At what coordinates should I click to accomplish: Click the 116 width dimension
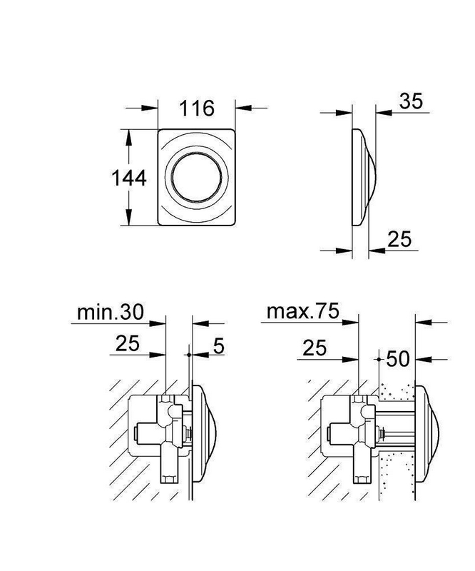[x=197, y=108]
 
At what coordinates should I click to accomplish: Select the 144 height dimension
[x=129, y=178]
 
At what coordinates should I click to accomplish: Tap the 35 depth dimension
[x=411, y=101]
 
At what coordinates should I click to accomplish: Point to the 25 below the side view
[x=399, y=239]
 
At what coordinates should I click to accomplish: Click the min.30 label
[x=111, y=312]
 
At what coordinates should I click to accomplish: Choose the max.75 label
[x=303, y=311]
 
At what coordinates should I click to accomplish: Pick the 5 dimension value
[x=218, y=345]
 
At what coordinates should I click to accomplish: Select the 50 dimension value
[x=398, y=359]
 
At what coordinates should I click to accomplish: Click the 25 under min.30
[x=128, y=343]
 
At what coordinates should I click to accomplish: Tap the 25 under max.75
[x=315, y=348]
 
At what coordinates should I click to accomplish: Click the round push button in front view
[x=197, y=177]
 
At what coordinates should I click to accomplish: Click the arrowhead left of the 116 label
[x=150, y=108]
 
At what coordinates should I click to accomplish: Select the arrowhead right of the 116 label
[x=243, y=108]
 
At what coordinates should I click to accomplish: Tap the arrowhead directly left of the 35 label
[x=384, y=113]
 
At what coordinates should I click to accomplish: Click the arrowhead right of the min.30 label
[x=157, y=323]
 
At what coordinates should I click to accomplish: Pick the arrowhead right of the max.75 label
[x=350, y=323]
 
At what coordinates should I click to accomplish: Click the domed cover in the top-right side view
[x=364, y=177]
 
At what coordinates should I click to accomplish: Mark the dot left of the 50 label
[x=379, y=359]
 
